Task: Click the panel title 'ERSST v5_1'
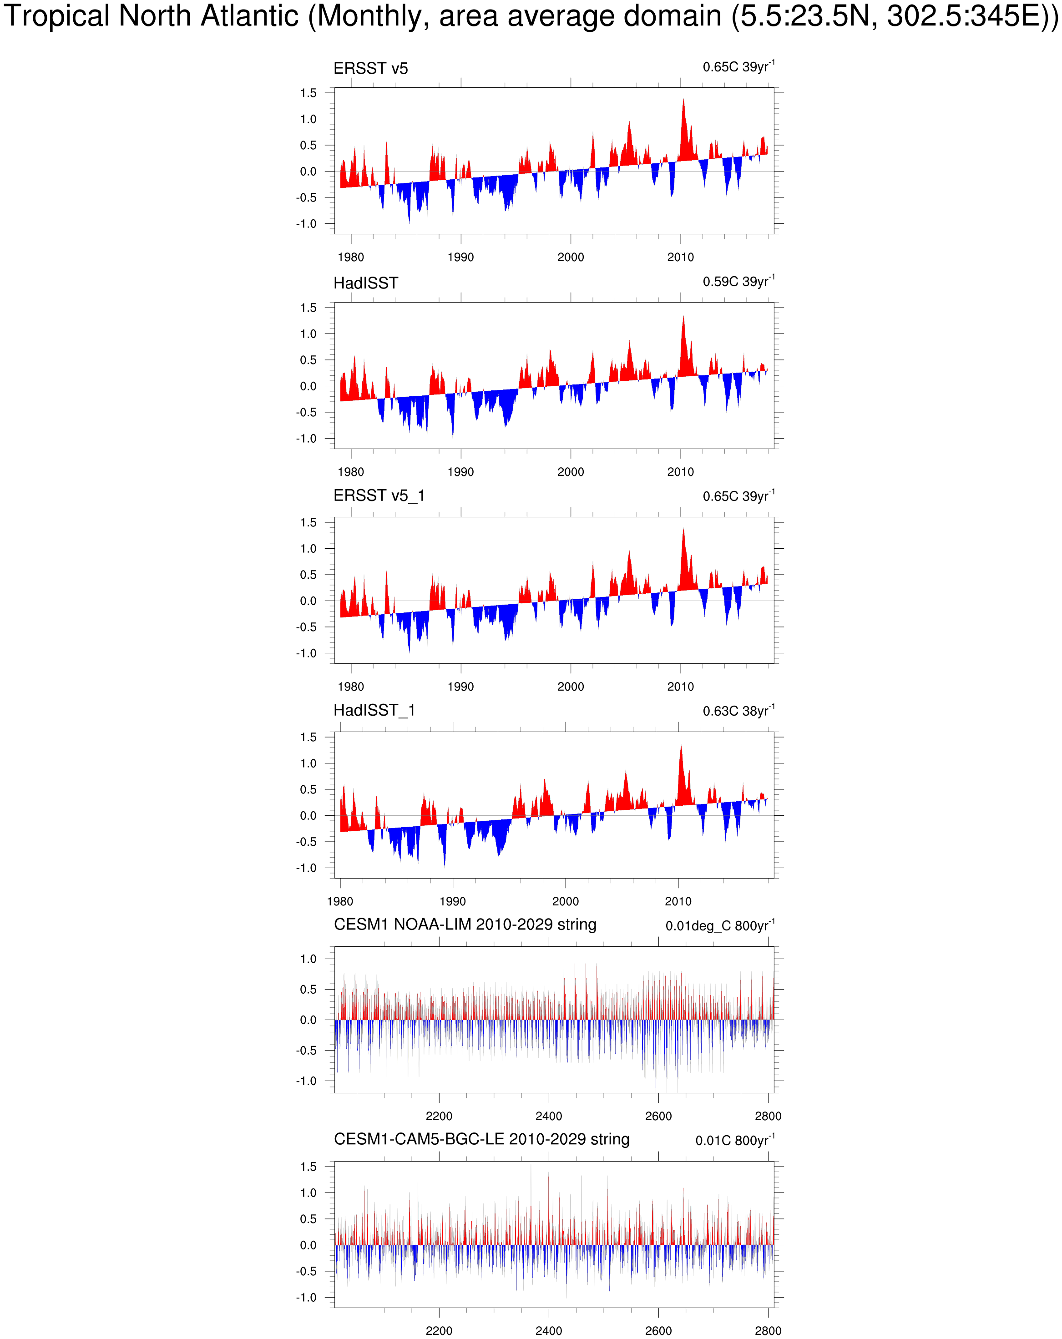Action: (x=379, y=495)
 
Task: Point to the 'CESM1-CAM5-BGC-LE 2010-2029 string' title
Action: (x=481, y=1139)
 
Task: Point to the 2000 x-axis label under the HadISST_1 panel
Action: (x=565, y=901)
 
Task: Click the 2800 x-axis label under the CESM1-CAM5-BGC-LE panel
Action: (x=768, y=1330)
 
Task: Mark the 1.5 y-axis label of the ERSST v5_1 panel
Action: (x=308, y=522)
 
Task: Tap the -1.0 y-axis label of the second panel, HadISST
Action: (x=306, y=439)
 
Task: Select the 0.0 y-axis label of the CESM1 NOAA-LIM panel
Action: (x=308, y=1020)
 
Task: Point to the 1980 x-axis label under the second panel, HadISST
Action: (x=350, y=472)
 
